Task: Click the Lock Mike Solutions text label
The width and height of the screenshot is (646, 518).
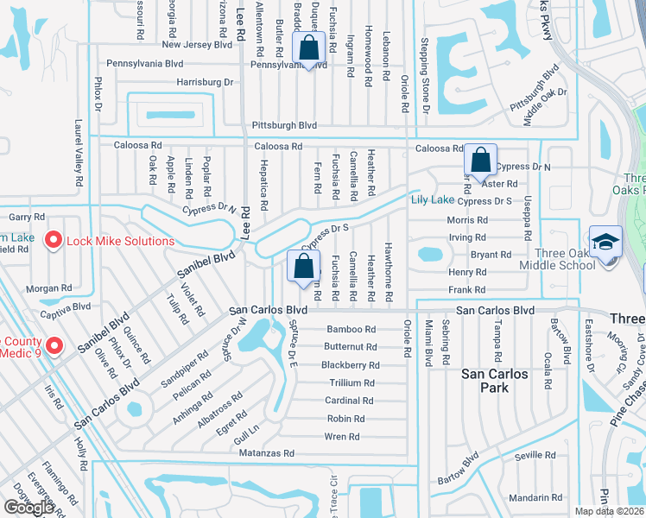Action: tap(120, 241)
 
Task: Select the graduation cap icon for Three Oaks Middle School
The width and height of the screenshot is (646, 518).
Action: tap(605, 241)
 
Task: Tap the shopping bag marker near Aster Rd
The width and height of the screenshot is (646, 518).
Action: tap(480, 160)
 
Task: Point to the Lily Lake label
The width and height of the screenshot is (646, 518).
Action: tap(432, 199)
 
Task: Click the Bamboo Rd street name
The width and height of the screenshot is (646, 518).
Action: tap(351, 330)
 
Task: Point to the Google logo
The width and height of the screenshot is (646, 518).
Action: tap(29, 508)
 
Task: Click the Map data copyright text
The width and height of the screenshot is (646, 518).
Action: tap(610, 511)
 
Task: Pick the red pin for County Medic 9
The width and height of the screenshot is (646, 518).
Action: tap(54, 346)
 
